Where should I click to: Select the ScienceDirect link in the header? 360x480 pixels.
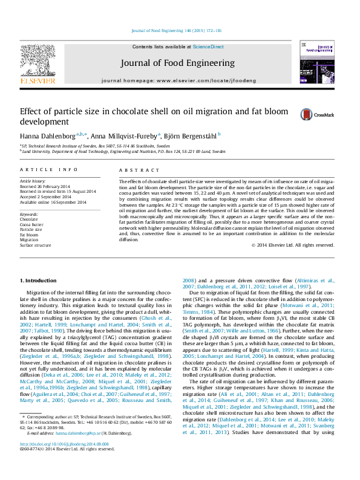208,47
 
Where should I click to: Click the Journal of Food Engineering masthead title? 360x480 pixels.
177,63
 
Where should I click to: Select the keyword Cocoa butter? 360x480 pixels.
33,224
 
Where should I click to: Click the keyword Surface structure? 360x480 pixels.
35,245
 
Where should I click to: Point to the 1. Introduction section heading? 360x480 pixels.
39,281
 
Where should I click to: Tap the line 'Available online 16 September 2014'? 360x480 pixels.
53,202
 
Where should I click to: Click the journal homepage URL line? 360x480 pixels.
177,80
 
